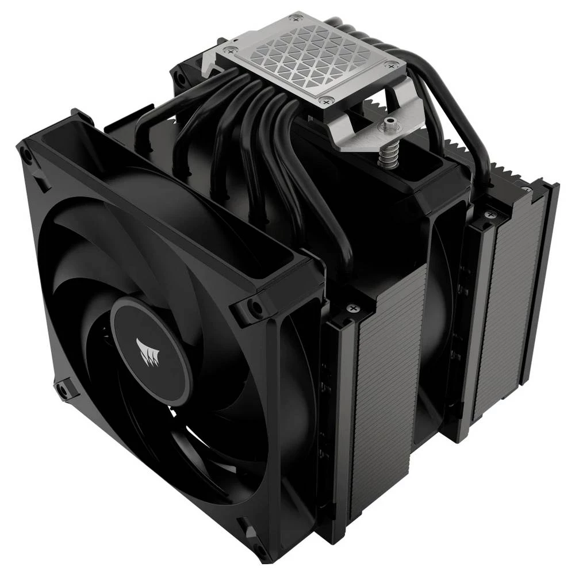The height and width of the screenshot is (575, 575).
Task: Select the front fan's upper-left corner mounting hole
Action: point(26,154)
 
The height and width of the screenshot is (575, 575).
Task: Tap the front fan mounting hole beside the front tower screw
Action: point(252,306)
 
